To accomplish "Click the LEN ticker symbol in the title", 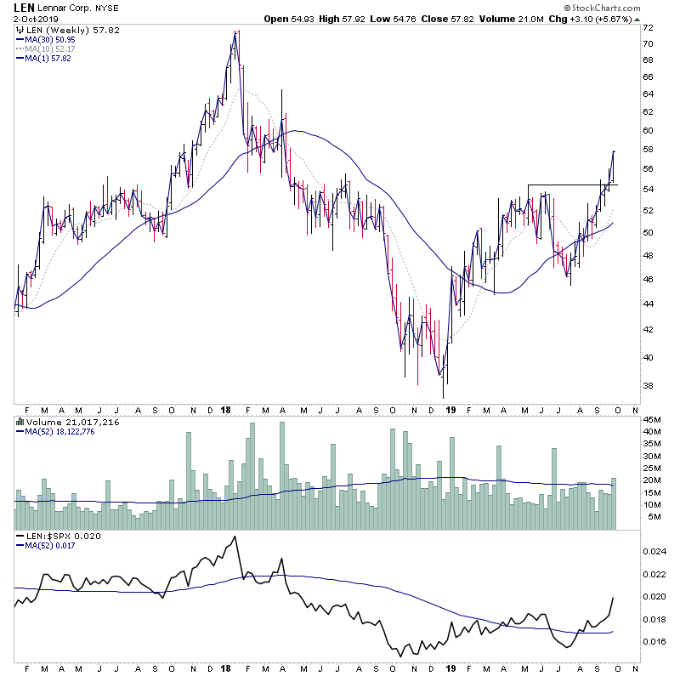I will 23,7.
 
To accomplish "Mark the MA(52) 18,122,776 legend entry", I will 66,430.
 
